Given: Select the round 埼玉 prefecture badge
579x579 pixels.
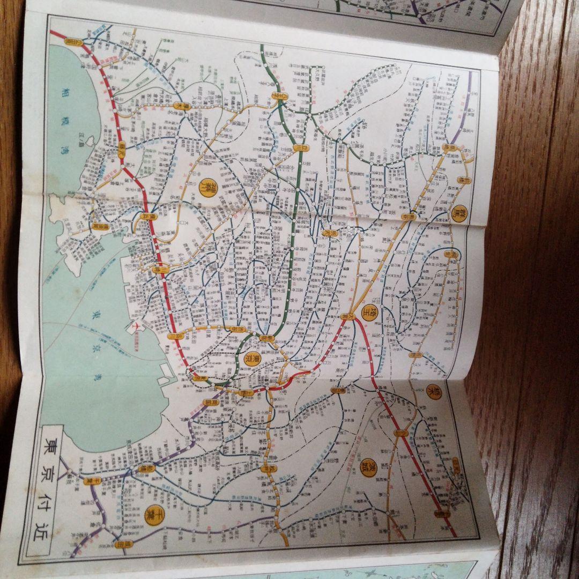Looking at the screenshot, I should point(369,313).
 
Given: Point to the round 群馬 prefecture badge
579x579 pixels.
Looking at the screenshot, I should point(459,213).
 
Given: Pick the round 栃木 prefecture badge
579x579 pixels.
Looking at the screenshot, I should point(432,392).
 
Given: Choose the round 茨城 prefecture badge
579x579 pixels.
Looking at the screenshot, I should point(368,469).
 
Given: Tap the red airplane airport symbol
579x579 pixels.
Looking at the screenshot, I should point(134,325).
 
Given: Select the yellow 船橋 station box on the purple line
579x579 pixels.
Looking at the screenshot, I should point(144,467).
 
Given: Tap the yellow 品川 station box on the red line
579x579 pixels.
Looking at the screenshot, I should point(173,336).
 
